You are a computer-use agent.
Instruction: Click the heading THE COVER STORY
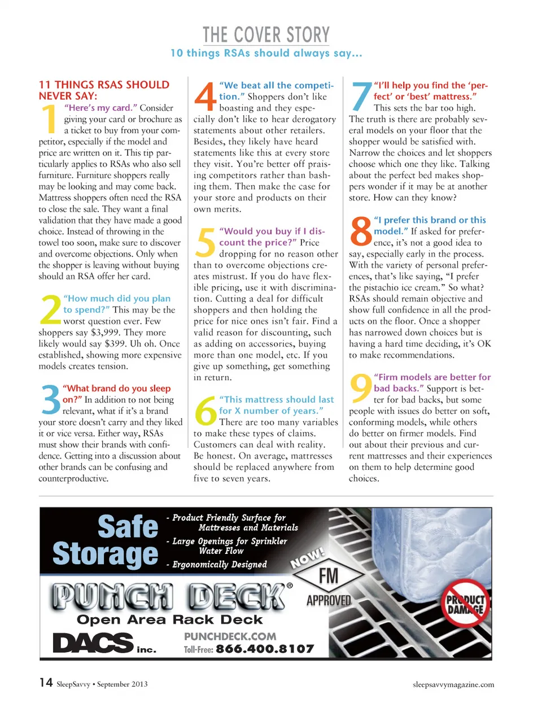(x=266, y=35)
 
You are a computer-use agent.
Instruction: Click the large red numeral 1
(x=50, y=120)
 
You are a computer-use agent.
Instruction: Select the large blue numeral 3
(x=51, y=399)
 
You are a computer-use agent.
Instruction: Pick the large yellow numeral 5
(x=206, y=242)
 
